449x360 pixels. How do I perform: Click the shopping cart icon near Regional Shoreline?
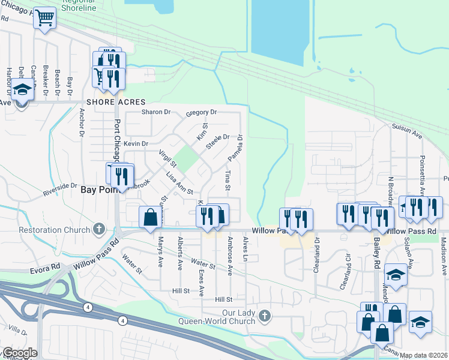click(44, 18)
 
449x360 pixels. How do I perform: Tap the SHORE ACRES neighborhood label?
click(116, 102)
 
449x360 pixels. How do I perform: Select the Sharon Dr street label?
click(156, 112)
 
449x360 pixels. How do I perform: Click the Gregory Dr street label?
click(201, 112)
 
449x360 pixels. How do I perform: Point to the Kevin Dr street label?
click(136, 143)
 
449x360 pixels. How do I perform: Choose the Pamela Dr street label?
click(235, 148)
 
